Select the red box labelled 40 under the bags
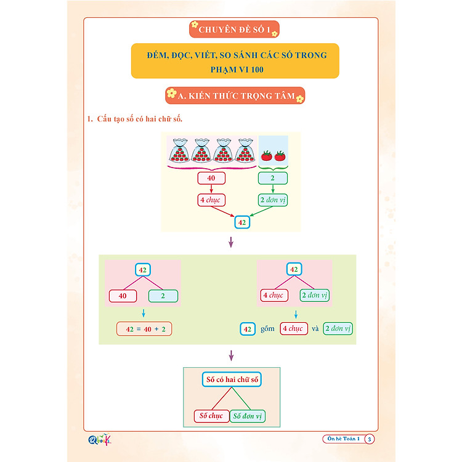211,179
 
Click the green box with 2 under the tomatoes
273,179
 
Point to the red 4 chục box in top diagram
211,200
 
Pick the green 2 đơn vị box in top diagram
273,200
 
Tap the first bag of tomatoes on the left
180,151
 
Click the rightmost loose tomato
281,155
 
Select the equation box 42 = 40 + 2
144,329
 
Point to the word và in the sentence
314,329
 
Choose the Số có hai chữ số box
232,380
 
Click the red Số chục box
211,416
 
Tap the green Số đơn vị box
248,416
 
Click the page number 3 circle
369,439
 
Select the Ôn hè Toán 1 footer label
343,439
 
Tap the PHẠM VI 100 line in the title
235,69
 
